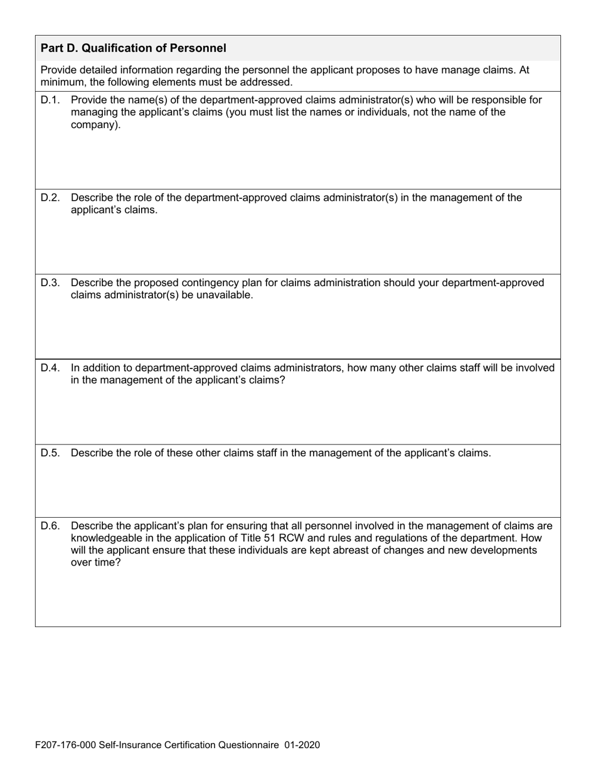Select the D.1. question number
[x=50, y=100]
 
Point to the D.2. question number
[x=50, y=198]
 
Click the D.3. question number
[x=50, y=282]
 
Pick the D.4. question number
[x=50, y=368]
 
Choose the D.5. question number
[x=50, y=453]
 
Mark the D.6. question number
[x=50, y=526]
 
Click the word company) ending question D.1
[x=95, y=125]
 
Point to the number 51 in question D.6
[x=279, y=538]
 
